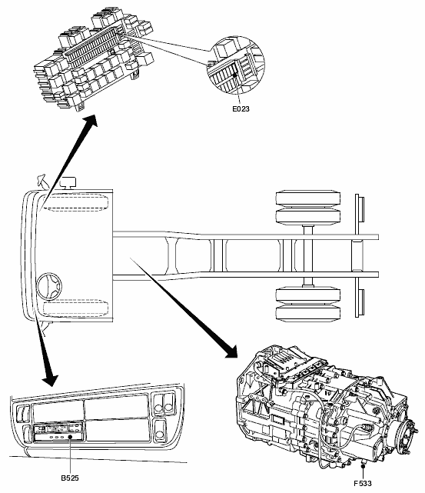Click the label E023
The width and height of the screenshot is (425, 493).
click(x=241, y=108)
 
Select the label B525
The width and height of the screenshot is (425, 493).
click(x=70, y=478)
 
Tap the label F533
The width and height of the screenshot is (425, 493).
click(x=362, y=483)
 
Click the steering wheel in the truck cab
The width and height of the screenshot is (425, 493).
click(x=49, y=285)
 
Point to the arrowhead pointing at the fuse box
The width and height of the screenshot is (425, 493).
click(x=90, y=122)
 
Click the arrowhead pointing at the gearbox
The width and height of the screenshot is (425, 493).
click(x=231, y=351)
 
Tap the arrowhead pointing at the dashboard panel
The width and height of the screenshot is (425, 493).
click(x=50, y=379)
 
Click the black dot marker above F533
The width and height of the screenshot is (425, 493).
click(x=363, y=467)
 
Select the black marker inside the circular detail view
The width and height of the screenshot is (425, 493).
click(x=235, y=75)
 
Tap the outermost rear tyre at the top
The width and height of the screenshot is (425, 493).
click(x=308, y=198)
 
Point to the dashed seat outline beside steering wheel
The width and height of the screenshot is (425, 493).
click(x=75, y=308)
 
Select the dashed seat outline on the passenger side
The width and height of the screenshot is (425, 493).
click(x=75, y=203)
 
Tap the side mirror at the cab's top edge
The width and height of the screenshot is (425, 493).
click(x=42, y=181)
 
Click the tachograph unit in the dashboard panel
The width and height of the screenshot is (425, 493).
click(x=58, y=431)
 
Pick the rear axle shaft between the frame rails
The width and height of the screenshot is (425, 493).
click(x=308, y=255)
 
